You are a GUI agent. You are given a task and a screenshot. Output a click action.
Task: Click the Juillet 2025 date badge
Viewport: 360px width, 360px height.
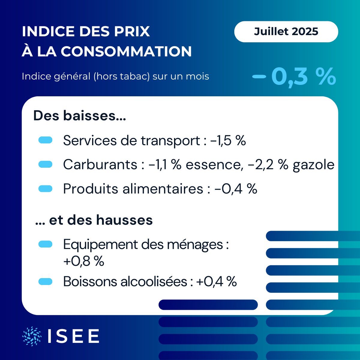coord(286,31)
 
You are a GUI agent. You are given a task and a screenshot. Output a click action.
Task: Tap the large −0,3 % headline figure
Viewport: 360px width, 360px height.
coord(294,77)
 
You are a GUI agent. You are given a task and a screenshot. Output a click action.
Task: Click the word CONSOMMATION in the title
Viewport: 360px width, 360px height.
coord(126,51)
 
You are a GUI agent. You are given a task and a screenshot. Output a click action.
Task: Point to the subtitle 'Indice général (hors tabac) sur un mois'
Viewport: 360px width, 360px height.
coord(115,76)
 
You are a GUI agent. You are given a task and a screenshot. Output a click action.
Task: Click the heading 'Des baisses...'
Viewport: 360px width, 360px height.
coord(79,116)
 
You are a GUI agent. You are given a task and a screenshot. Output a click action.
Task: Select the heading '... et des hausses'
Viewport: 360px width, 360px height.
coord(94,220)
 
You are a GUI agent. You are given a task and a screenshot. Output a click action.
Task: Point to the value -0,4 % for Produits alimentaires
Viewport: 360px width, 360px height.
coord(236,189)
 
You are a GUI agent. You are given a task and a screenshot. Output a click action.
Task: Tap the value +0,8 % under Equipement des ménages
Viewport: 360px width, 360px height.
coord(84,261)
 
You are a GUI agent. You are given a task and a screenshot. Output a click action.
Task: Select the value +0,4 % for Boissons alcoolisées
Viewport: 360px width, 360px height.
coord(216,281)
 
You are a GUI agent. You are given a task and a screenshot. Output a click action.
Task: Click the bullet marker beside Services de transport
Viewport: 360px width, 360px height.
coord(46,140)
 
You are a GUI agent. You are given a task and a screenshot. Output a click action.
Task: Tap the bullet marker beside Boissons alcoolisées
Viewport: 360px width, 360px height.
coord(46,281)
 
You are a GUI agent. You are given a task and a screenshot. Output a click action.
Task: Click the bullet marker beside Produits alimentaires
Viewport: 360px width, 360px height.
coord(46,189)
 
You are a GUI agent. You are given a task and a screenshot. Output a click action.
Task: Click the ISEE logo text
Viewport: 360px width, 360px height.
coord(73,336)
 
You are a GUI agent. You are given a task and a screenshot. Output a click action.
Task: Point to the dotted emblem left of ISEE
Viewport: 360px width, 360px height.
coord(32,336)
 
